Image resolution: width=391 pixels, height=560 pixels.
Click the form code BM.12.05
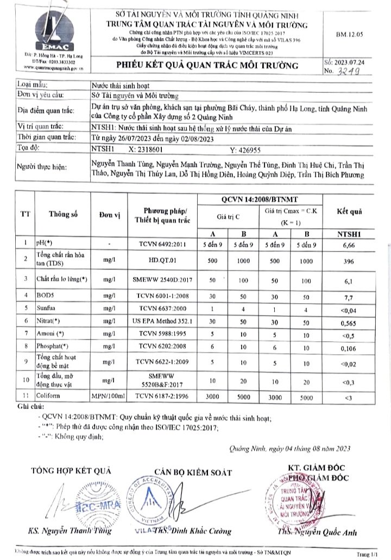pos(350,34)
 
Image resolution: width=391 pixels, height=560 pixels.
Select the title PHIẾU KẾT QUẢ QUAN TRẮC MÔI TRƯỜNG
pos(208,66)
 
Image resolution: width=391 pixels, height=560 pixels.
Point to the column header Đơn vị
pos(110,215)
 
